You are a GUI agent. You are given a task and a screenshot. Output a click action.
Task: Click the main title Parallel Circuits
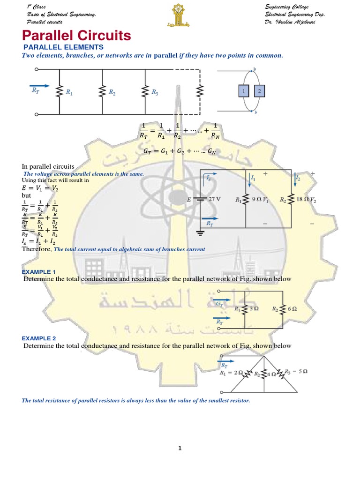point(77,36)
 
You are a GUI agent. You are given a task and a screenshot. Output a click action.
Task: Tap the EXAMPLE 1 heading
point(39,272)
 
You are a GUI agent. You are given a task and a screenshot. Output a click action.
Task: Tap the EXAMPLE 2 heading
point(39,338)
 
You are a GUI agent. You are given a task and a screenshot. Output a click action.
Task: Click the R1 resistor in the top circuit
point(59,92)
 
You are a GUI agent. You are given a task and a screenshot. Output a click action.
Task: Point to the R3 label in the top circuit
point(155,93)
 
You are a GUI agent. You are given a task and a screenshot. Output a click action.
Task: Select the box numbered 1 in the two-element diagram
point(244,91)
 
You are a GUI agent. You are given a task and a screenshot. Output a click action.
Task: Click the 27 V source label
point(214,199)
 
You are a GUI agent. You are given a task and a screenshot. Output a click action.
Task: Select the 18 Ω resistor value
point(304,199)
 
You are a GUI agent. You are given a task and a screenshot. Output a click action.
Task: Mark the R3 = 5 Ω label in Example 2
point(297,371)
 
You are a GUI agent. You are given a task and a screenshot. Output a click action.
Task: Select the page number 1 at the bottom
point(180,449)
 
